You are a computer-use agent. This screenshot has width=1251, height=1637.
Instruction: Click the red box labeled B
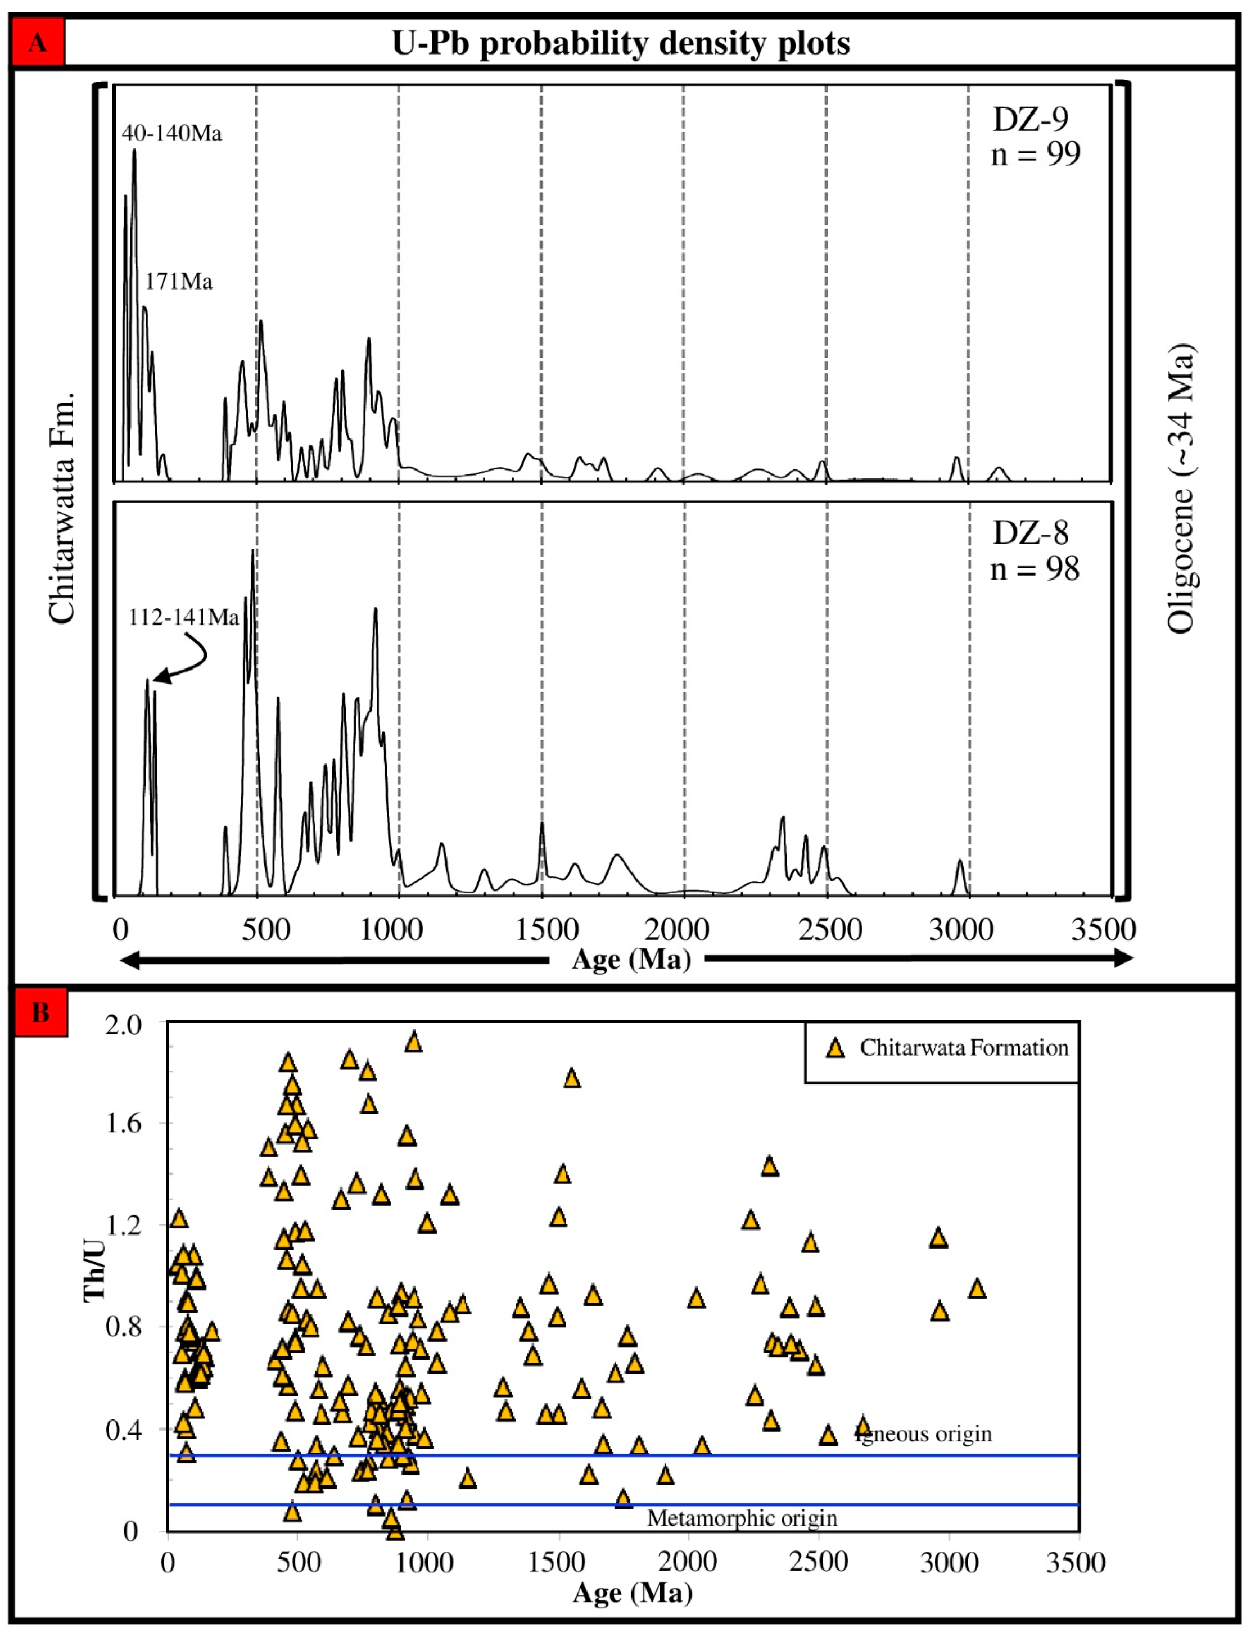(41, 1012)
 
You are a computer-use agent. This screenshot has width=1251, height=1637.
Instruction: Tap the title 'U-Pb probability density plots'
(621, 43)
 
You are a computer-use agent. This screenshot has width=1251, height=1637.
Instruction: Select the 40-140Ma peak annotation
(172, 133)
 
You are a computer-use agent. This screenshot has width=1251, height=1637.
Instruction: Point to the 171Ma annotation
(179, 282)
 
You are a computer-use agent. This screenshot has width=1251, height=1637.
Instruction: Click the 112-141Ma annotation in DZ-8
(184, 617)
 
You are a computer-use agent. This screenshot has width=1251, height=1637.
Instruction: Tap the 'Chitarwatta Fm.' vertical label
(62, 506)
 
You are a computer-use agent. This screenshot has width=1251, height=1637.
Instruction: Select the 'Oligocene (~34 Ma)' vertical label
(1180, 487)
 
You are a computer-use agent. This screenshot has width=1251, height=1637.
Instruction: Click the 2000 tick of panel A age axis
(677, 929)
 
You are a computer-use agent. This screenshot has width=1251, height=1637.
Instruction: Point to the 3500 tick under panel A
(1103, 929)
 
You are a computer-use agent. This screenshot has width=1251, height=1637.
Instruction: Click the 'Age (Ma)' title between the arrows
(631, 959)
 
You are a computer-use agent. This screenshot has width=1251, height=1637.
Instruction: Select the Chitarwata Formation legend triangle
(835, 1048)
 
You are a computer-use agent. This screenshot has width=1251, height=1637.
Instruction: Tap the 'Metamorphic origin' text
(742, 1518)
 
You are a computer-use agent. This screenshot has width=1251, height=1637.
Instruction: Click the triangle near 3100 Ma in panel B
(977, 1288)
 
